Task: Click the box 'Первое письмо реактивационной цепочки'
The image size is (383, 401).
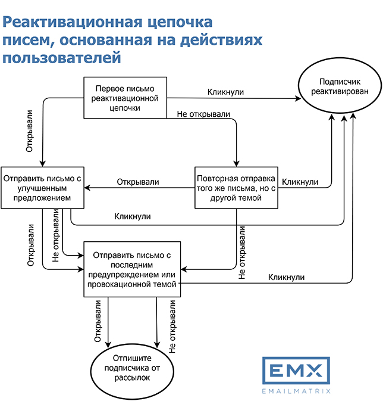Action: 125,98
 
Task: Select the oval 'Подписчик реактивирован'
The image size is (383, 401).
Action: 340,85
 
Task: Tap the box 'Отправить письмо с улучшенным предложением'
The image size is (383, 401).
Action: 42,188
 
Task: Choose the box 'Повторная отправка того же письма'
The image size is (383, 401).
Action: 236,188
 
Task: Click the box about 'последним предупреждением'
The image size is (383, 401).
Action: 132,269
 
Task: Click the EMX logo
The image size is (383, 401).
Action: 296,370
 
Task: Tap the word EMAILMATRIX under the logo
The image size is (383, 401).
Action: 296,391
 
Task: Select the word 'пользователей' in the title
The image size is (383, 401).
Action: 61,58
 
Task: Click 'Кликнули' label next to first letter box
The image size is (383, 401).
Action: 225,92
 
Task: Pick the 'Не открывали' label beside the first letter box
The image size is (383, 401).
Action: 203,114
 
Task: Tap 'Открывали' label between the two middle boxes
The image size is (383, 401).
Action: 138,182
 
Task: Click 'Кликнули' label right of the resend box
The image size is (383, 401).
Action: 300,182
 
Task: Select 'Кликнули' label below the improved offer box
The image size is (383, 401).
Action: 132,216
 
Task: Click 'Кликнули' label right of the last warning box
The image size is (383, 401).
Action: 286,277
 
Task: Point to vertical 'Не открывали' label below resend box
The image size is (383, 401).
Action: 241,253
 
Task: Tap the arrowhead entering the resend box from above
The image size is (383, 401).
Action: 236,164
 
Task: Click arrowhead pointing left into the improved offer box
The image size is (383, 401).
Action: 87,188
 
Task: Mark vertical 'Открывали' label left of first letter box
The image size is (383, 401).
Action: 29,131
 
